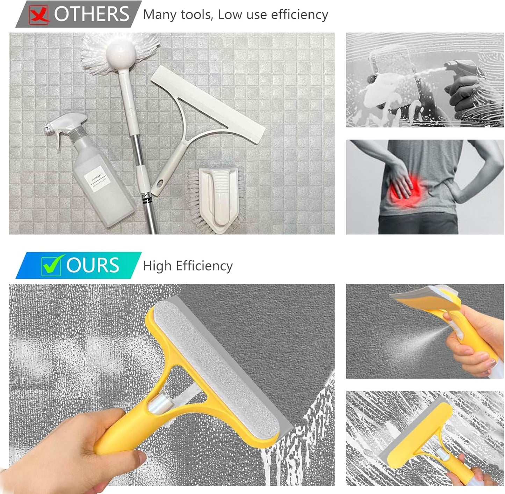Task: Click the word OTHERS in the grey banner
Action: [92, 14]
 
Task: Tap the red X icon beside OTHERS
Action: [39, 15]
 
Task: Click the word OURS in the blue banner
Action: [93, 265]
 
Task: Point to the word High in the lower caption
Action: [157, 266]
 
